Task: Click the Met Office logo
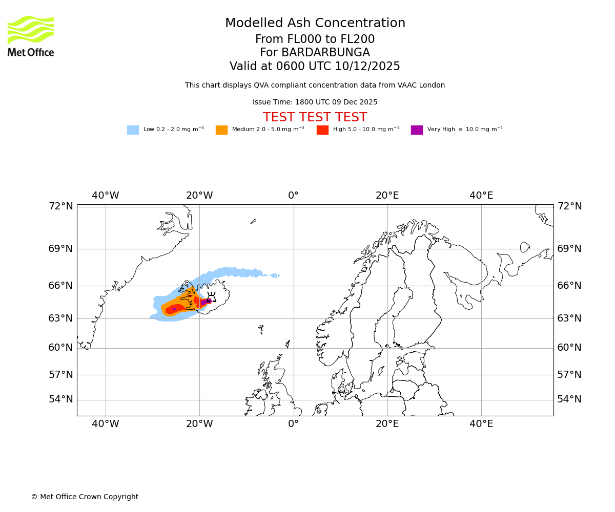[x=31, y=36]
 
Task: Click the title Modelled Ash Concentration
[x=315, y=24]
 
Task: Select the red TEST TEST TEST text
[x=315, y=117]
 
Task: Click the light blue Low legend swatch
[x=133, y=130]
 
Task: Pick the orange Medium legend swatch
[x=221, y=130]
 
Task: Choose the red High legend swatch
[x=322, y=130]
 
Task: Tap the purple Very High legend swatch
[x=417, y=130]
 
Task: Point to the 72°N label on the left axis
[x=60, y=206]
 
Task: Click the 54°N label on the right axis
[x=569, y=399]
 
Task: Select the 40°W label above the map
[x=106, y=196]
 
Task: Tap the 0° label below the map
[x=293, y=424]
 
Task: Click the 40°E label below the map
[x=481, y=424]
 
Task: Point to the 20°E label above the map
[x=387, y=196]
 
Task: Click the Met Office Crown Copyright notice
[x=85, y=497]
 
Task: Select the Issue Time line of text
[x=315, y=102]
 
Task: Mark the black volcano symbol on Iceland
[x=211, y=297]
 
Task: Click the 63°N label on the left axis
[x=60, y=318]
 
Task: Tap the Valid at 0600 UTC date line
[x=315, y=67]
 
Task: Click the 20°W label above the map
[x=199, y=196]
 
